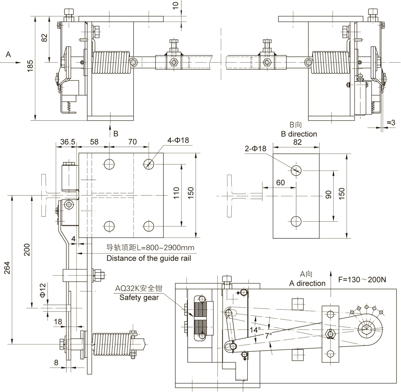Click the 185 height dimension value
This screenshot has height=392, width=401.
pos(30,65)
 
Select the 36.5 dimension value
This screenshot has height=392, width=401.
pos(68,142)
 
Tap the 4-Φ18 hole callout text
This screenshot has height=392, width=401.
pos(178,140)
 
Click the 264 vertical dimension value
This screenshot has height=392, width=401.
pos(7,268)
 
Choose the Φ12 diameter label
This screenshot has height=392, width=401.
pos(43,290)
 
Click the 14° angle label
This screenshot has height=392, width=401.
pos(255,330)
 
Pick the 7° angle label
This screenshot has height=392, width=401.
pos(269,335)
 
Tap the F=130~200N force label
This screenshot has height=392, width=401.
pos(362,280)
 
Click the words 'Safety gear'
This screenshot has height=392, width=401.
pos(139,297)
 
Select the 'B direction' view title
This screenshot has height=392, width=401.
pos(299,134)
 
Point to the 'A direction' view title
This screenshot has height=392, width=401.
pos(307,283)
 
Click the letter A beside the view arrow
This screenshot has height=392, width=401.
pos(8,54)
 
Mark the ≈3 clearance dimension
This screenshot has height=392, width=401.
pos(391,122)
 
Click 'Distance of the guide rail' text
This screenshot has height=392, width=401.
pos(149,258)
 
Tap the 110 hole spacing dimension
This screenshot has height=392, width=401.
pos(176,193)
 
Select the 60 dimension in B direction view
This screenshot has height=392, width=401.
pos(280,183)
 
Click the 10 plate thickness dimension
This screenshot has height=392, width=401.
pos(175,5)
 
